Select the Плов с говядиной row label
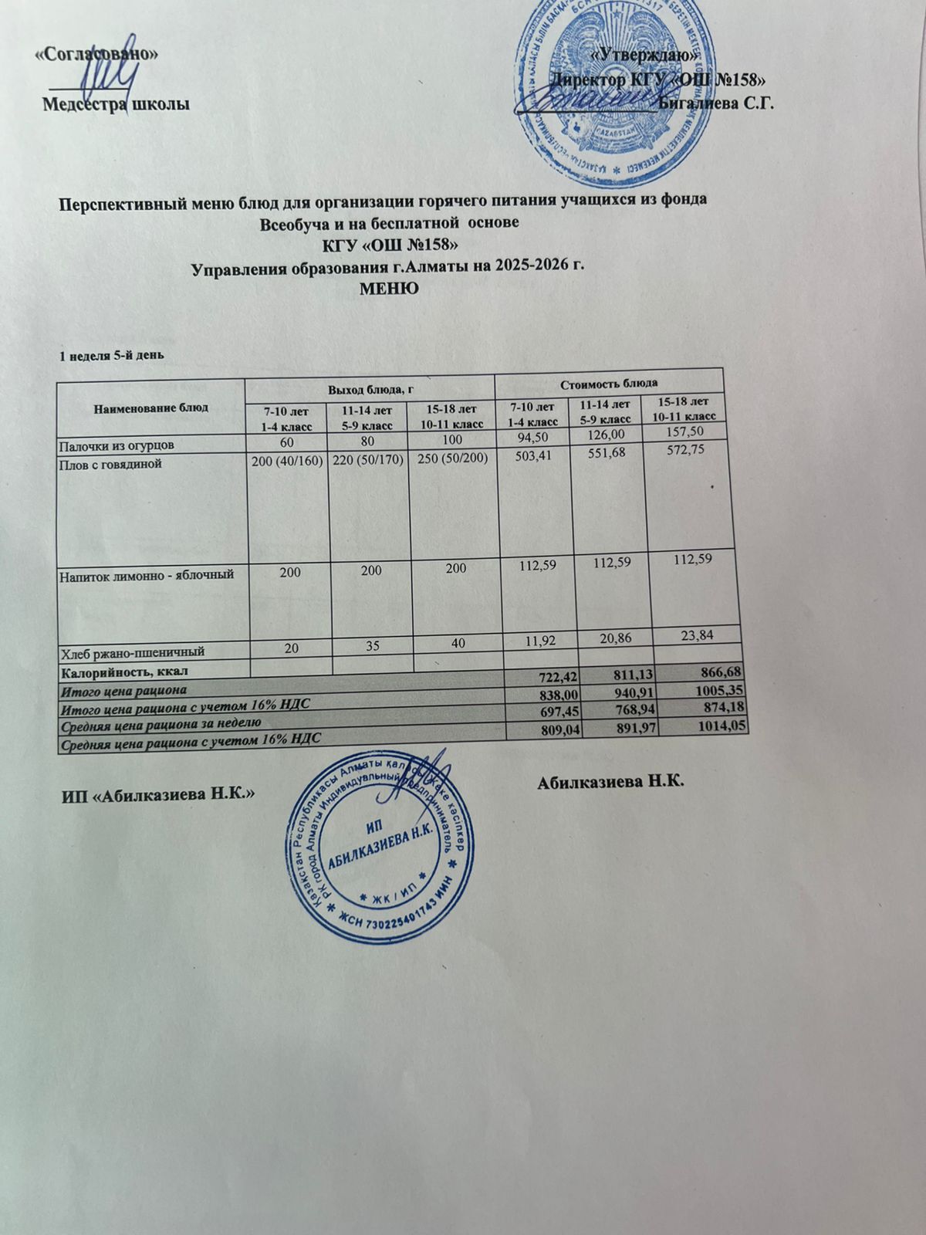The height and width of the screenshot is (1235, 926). tap(112, 465)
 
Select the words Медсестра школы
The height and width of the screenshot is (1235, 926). tap(116, 103)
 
